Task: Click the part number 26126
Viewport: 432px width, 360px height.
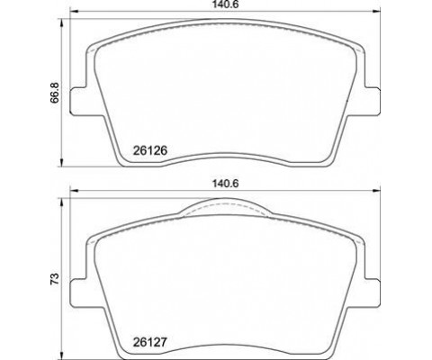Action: pyautogui.click(x=149, y=150)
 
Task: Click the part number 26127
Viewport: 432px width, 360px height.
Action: pyautogui.click(x=149, y=342)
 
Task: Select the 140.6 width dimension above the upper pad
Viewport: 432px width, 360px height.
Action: pyautogui.click(x=226, y=4)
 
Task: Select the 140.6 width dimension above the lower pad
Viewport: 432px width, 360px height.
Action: pyautogui.click(x=226, y=184)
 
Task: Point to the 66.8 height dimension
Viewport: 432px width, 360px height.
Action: pyautogui.click(x=55, y=93)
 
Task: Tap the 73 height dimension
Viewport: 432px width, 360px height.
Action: pyautogui.click(x=55, y=279)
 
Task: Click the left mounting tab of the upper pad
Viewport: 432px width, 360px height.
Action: pyautogui.click(x=78, y=102)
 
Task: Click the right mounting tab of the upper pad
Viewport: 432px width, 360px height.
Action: pyautogui.click(x=372, y=102)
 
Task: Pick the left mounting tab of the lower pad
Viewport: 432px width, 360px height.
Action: pyautogui.click(x=78, y=293)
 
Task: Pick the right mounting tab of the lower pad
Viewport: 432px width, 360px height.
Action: pyautogui.click(x=372, y=293)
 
